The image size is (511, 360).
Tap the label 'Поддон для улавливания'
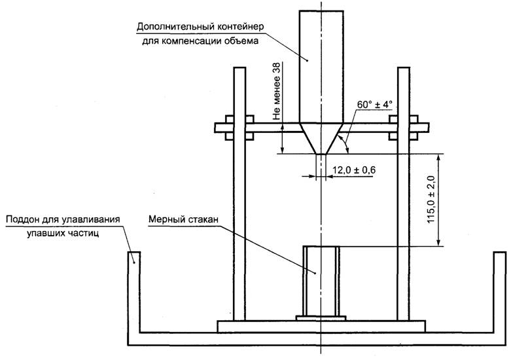[63, 218]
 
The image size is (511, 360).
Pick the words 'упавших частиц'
[63, 233]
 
